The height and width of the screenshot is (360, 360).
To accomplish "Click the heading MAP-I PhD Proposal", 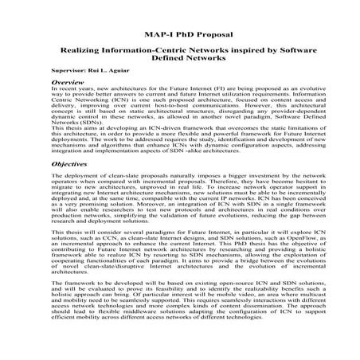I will [x=179, y=36].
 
